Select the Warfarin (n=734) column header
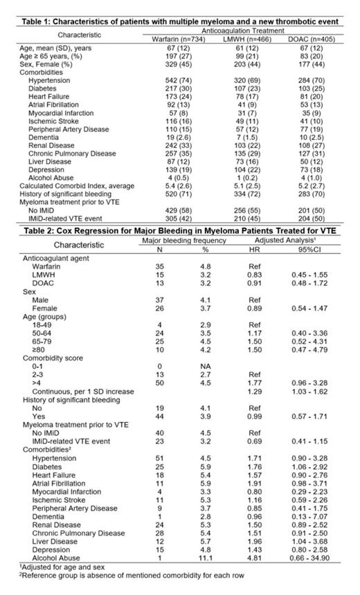point(174,39)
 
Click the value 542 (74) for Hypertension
point(174,80)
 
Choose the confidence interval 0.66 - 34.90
point(309,558)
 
